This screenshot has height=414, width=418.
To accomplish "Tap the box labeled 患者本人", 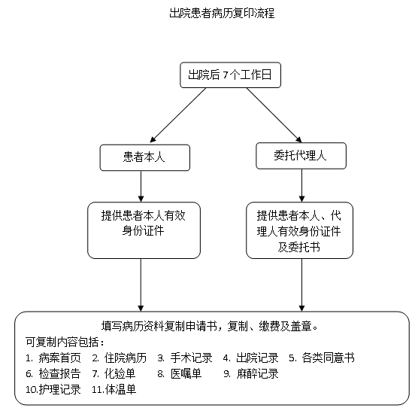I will click(x=144, y=157).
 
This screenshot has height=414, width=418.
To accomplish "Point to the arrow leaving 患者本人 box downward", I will click(x=142, y=185).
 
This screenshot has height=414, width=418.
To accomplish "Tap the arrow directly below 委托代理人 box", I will click(x=301, y=184).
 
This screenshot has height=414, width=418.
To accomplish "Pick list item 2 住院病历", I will click(x=119, y=358).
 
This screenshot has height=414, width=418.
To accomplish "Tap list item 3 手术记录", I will click(x=186, y=358).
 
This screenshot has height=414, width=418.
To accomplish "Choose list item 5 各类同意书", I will click(x=321, y=358).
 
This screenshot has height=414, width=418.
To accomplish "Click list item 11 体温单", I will click(x=114, y=389).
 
